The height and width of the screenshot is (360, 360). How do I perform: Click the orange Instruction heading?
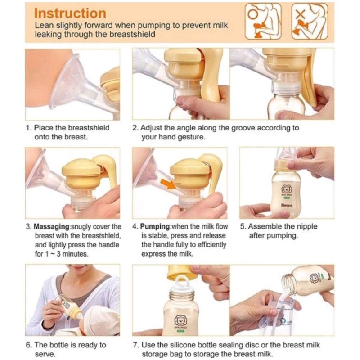(70, 13)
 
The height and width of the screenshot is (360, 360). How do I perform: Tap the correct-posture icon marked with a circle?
(263, 21)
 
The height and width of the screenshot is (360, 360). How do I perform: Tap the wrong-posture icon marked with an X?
(310, 21)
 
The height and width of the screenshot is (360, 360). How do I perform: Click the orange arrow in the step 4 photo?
(169, 184)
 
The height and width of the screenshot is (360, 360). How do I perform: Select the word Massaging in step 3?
(51, 227)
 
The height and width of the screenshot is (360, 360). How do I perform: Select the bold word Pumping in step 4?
(155, 227)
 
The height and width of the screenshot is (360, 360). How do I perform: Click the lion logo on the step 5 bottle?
(286, 189)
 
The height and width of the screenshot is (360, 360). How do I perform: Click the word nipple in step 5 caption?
(306, 226)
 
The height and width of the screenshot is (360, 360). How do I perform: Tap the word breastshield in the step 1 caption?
(89, 128)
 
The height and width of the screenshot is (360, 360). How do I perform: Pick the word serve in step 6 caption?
(45, 354)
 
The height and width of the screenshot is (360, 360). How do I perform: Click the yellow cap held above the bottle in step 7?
(181, 272)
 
